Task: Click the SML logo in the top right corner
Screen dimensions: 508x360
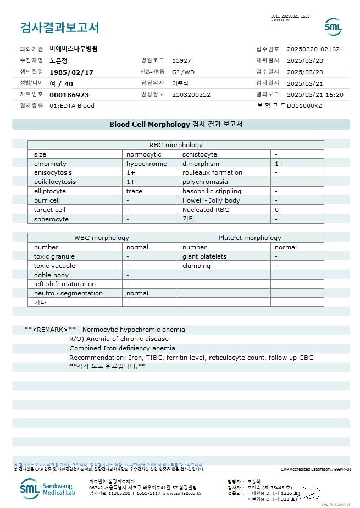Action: [333, 26]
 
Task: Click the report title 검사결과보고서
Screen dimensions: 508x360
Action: [59, 27]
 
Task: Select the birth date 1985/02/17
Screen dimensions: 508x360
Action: [71, 72]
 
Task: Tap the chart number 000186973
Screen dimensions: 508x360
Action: [69, 94]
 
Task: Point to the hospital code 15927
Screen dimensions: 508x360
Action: [181, 60]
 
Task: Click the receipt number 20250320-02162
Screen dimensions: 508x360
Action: [313, 49]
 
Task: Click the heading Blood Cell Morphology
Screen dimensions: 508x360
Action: [149, 124]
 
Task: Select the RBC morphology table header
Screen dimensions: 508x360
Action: [176, 145]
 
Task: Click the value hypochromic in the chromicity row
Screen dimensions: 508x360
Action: [146, 164]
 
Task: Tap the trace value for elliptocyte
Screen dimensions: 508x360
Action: [134, 191]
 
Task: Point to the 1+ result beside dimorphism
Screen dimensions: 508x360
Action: [279, 164]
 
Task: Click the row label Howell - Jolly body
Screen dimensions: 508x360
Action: [211, 200]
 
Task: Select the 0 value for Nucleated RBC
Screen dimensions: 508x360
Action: [277, 210]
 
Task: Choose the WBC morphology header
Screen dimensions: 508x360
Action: [102, 238]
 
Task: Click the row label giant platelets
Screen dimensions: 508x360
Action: [204, 256]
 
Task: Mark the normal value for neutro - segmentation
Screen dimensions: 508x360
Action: [137, 293]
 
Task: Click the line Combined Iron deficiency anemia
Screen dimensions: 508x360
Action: [122, 348]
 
